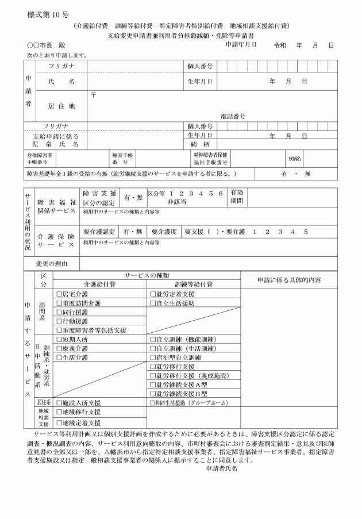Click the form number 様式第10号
tap(47, 13)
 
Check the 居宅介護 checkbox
tap(59, 294)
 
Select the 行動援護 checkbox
tap(59, 321)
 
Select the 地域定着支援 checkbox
tap(59, 423)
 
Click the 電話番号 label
tap(233, 116)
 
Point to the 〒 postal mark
tap(93, 94)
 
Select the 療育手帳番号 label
tap(121, 158)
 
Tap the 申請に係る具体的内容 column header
tap(289, 279)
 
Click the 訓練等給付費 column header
tap(194, 284)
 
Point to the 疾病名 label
tap(295, 158)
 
